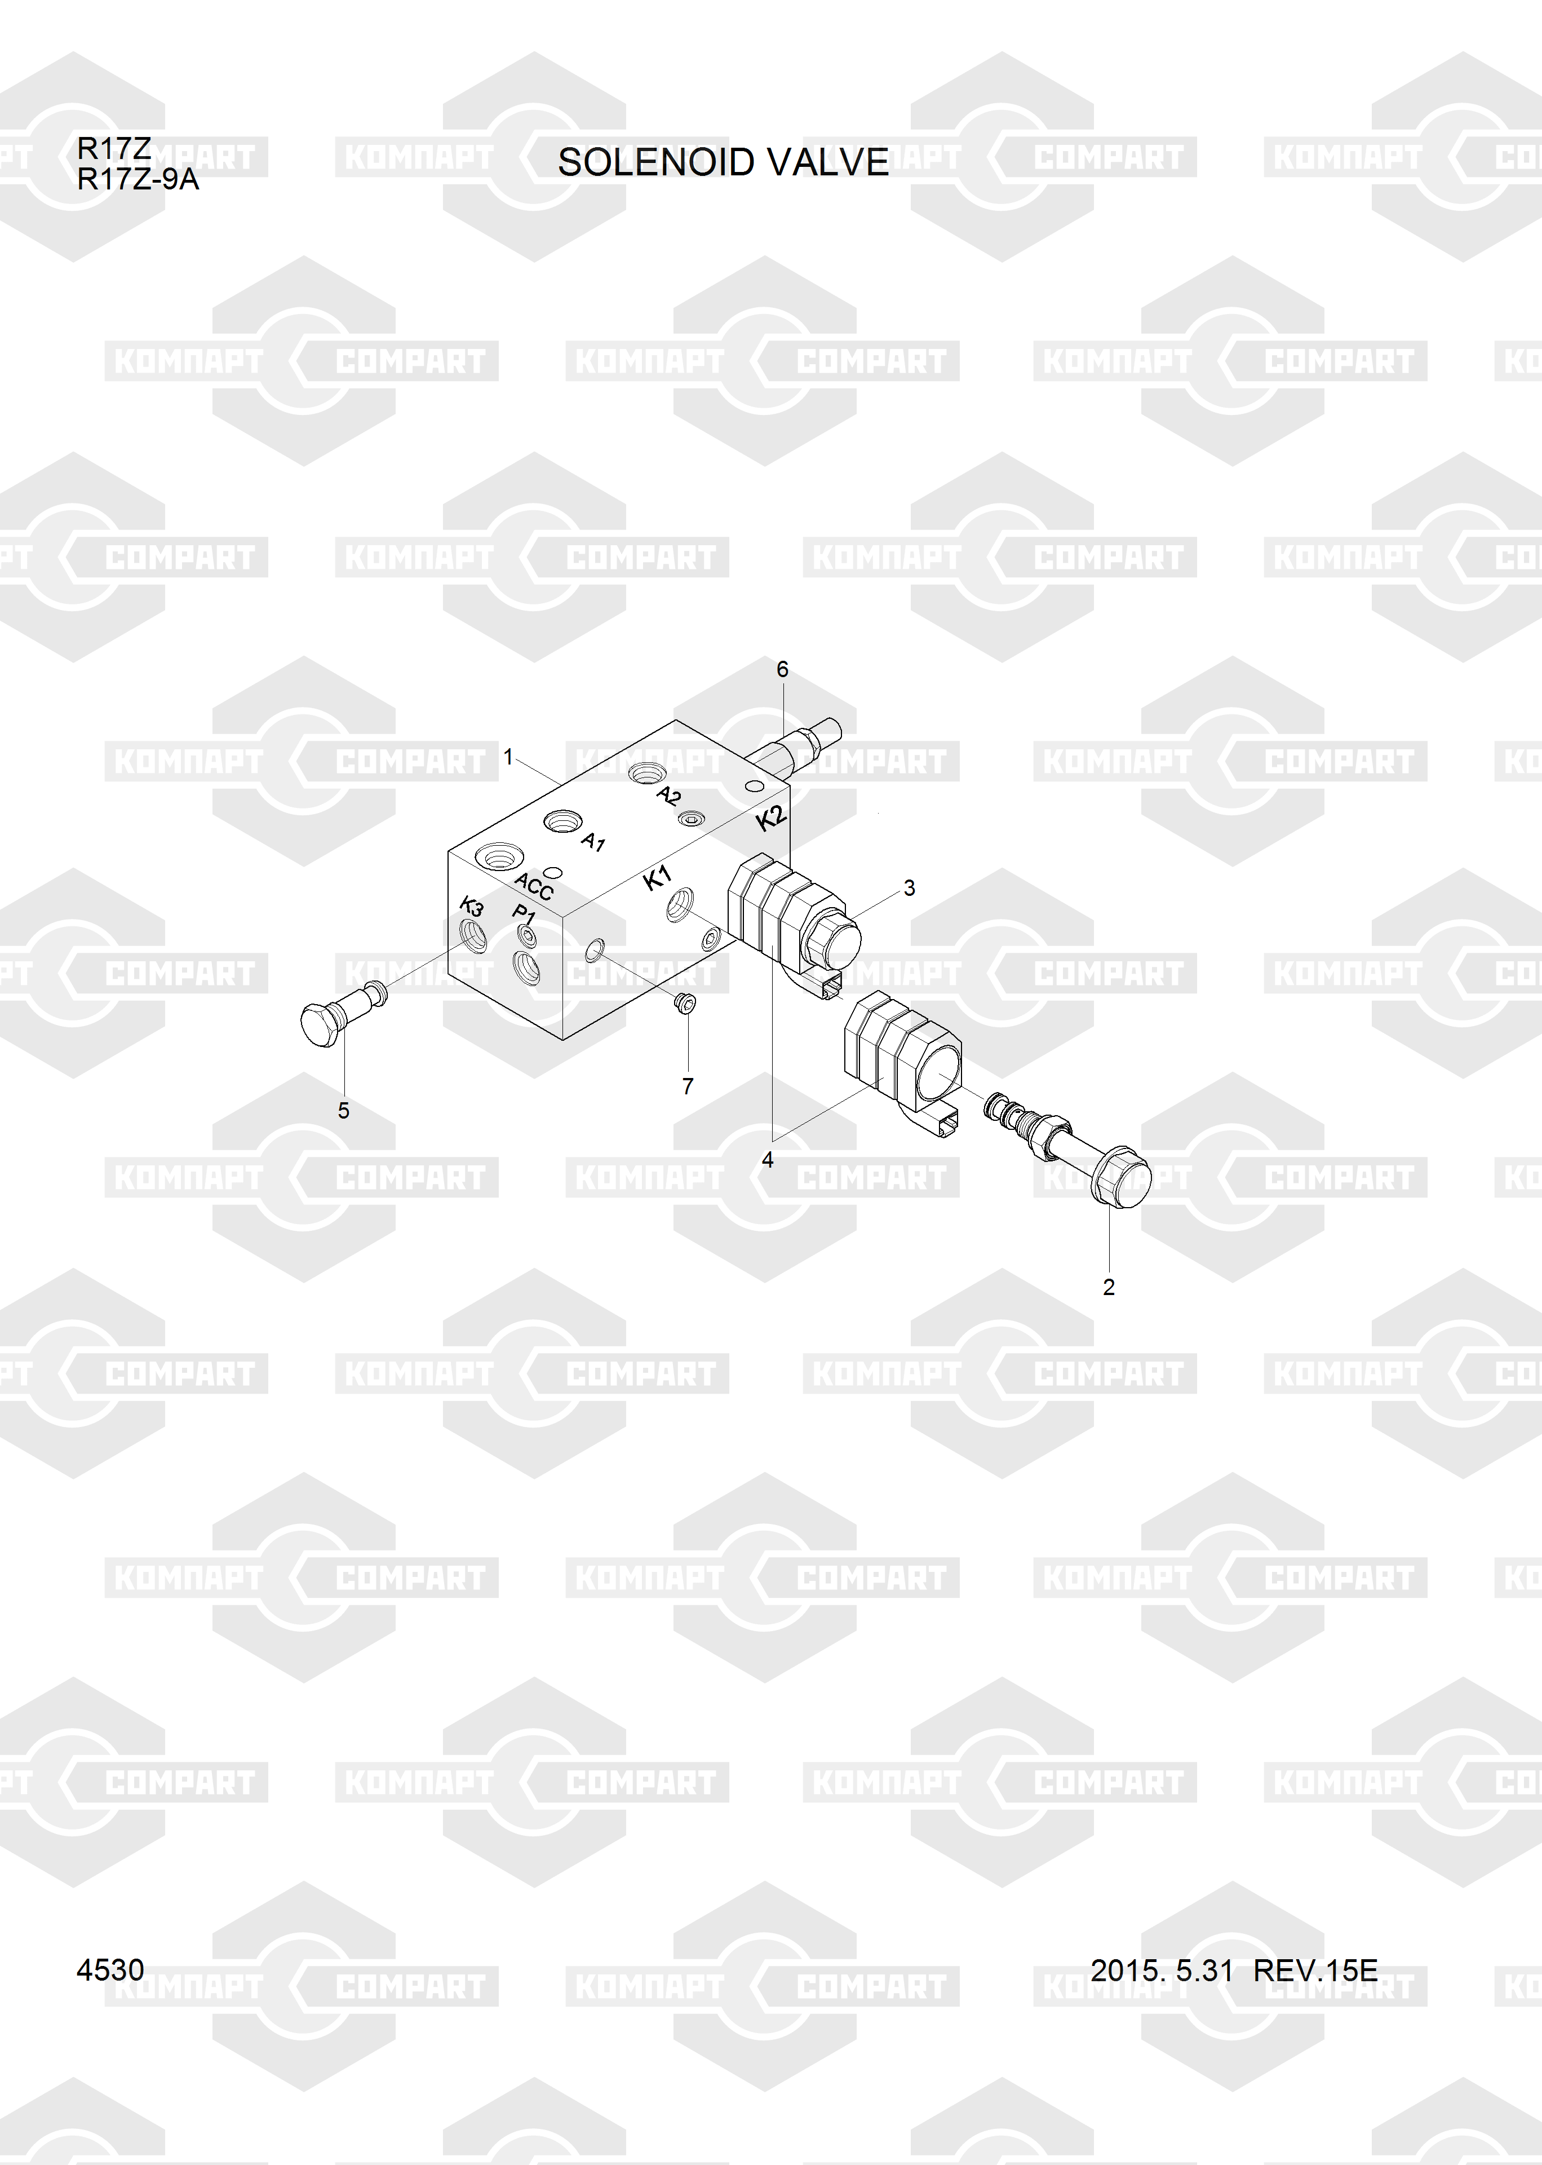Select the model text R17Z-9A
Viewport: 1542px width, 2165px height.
[138, 179]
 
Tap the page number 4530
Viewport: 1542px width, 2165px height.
[110, 1971]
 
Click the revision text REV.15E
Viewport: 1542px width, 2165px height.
[1315, 1971]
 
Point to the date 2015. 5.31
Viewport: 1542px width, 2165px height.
[1161, 1971]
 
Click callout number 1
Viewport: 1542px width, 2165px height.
[508, 757]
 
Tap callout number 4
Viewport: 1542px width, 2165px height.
[767, 1159]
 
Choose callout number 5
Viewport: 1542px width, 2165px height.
[344, 1110]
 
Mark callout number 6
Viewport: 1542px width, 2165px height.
[782, 669]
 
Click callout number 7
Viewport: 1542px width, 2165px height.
[688, 1086]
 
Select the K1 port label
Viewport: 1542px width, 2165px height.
[657, 878]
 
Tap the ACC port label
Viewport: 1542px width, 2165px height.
[534, 886]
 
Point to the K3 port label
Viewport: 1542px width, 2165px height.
[472, 906]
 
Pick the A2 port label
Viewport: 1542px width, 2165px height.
[668, 796]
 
